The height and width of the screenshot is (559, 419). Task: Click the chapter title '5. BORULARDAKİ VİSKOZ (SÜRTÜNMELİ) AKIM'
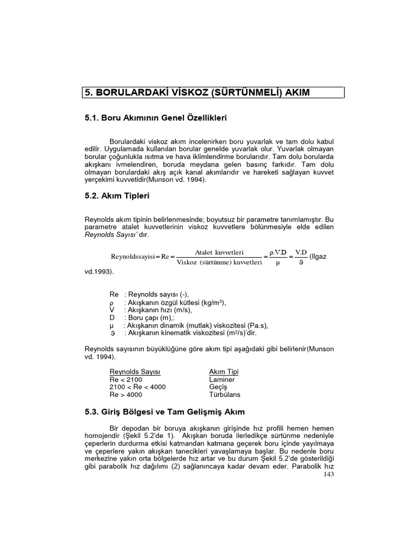coord(196,92)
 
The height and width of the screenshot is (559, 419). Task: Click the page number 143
coord(328,474)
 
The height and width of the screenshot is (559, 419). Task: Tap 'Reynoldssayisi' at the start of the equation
coord(134,257)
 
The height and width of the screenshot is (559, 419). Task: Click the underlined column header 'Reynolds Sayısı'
coord(135,372)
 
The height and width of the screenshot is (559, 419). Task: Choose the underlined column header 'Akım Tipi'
coord(224,372)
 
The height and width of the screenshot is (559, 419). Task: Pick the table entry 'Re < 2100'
coord(127,379)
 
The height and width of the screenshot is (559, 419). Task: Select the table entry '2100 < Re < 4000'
coord(137,386)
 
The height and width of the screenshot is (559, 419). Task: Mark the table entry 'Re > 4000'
coord(127,394)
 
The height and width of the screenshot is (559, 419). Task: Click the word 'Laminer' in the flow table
coord(222,379)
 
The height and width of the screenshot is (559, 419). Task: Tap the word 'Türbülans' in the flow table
coord(224,394)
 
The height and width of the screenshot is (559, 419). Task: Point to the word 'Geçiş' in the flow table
coord(218,386)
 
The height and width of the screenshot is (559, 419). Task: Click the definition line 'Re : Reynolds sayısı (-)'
coord(149,295)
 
